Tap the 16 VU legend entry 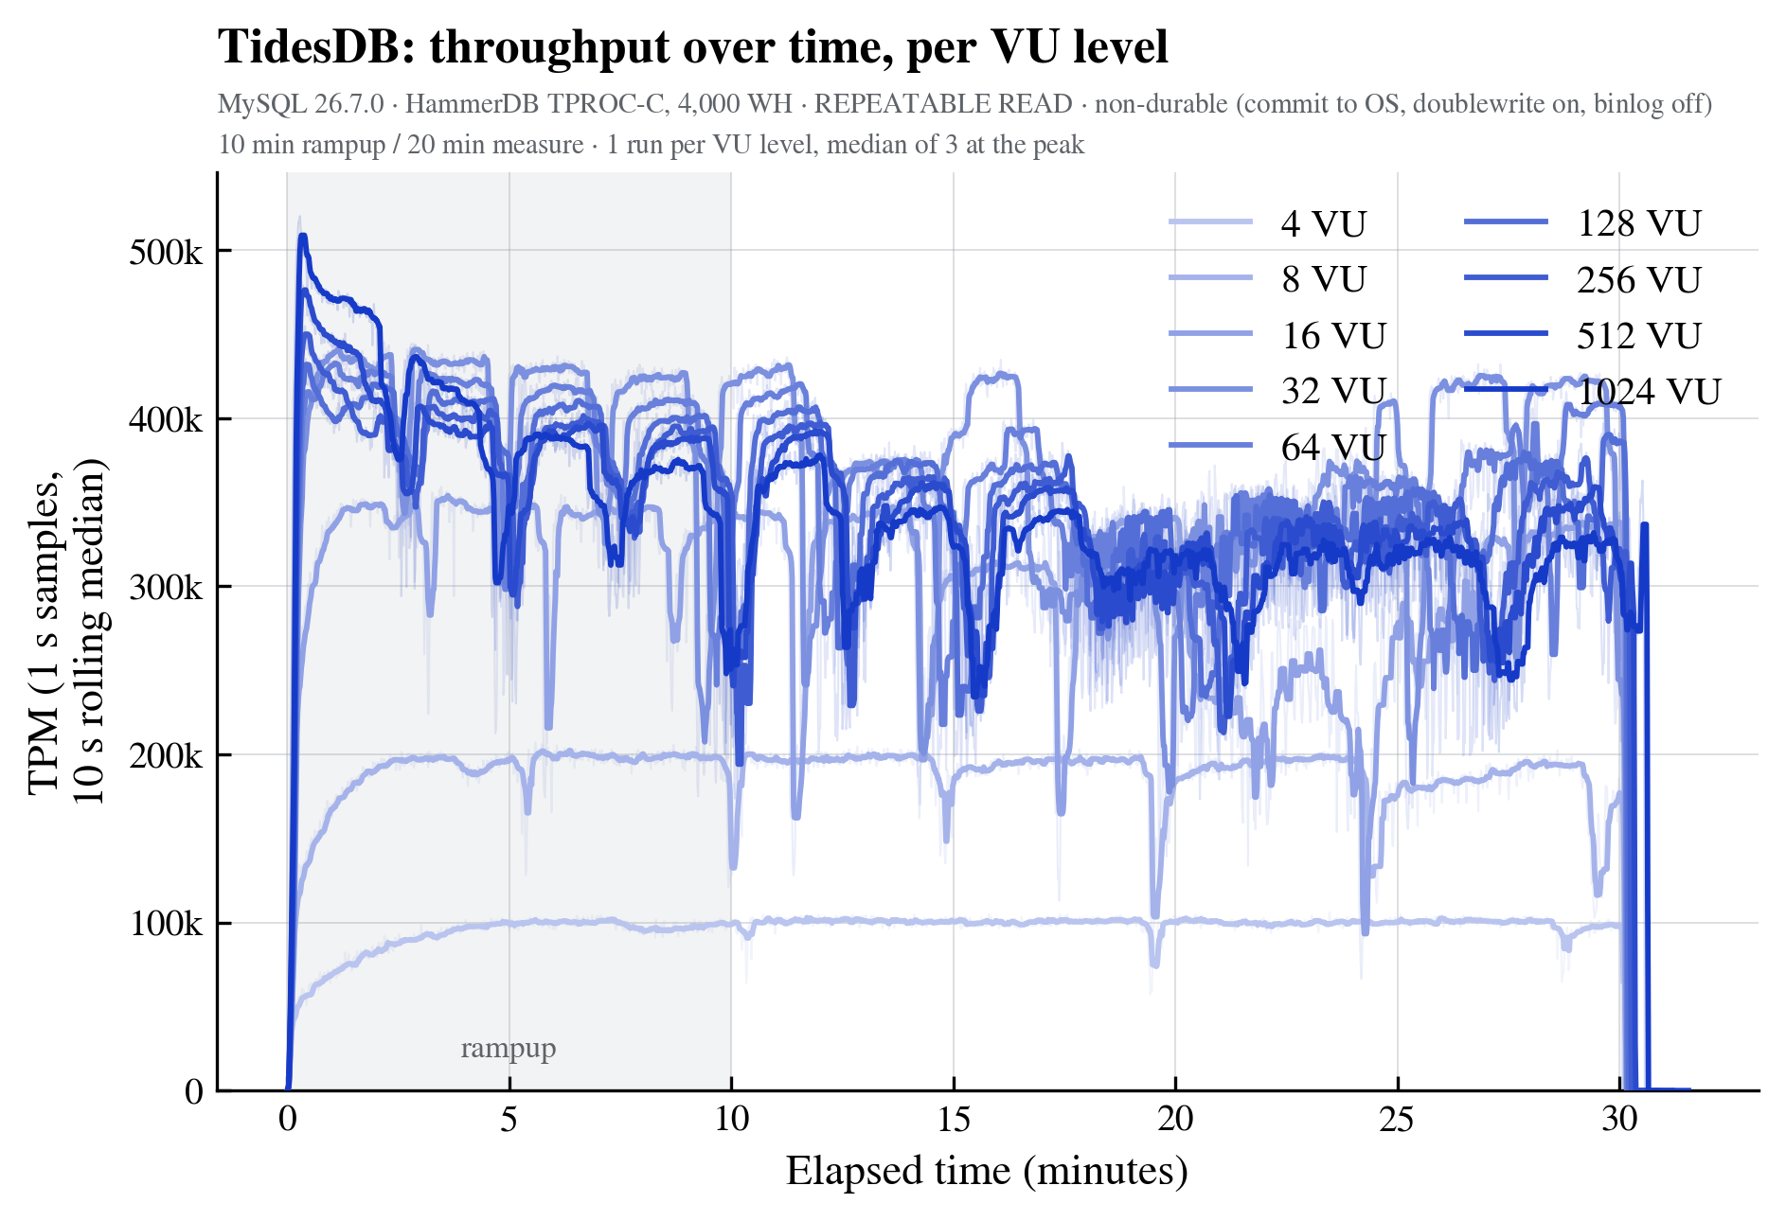[1277, 335]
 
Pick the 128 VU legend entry [1582, 223]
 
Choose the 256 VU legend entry [1582, 279]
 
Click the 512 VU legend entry [1582, 335]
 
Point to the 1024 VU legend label [1649, 391]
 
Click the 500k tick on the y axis [166, 252]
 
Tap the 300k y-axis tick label [166, 587]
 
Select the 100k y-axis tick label [166, 923]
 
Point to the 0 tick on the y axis [194, 1091]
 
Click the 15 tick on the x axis [954, 1119]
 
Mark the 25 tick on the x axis [1397, 1119]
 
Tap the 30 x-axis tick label [1619, 1119]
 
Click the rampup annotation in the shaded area [509, 1049]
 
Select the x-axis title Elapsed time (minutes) [987, 1172]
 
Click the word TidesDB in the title [317, 46]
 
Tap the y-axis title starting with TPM [67, 630]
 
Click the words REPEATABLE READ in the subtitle [943, 103]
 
